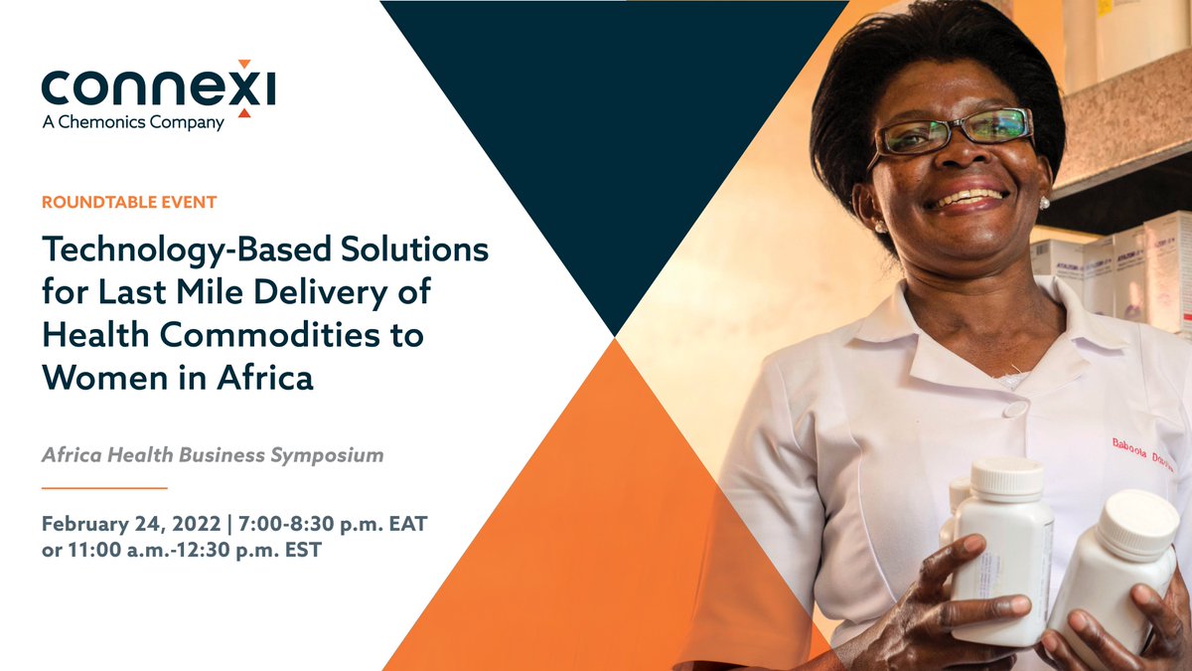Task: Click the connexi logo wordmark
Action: tap(158, 89)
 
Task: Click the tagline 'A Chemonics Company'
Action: tap(133, 123)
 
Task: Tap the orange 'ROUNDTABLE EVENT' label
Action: tap(129, 203)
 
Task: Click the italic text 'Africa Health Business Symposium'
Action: tap(213, 455)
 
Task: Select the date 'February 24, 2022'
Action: tap(123, 524)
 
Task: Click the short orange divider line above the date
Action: tap(104, 488)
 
